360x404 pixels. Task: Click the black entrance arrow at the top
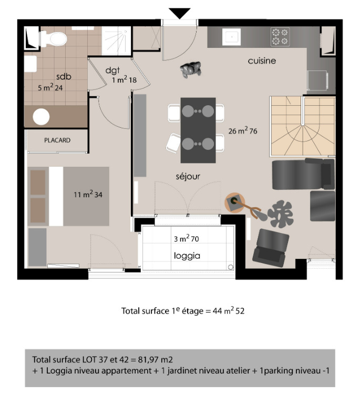pyautogui.click(x=180, y=13)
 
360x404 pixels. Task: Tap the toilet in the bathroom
pyautogui.click(x=54, y=39)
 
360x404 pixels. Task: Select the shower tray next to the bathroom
pyautogui.click(x=116, y=41)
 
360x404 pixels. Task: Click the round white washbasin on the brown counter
pyautogui.click(x=41, y=117)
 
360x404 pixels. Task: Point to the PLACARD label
pyautogui.click(x=57, y=140)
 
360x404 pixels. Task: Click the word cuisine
pyautogui.click(x=262, y=61)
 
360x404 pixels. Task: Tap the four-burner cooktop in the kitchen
pyautogui.click(x=280, y=37)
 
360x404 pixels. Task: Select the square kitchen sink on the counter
pyautogui.click(x=232, y=37)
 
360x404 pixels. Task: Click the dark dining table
pyautogui.click(x=198, y=130)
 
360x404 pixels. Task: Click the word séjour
pyautogui.click(x=188, y=177)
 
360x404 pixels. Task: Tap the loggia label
pyautogui.click(x=187, y=256)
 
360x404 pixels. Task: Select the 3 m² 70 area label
pyautogui.click(x=186, y=238)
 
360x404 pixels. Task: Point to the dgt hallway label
pyautogui.click(x=112, y=70)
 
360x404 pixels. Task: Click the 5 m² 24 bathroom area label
pyautogui.click(x=50, y=87)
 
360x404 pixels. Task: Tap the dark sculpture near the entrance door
pyautogui.click(x=190, y=69)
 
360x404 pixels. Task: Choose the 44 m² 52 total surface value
pyautogui.click(x=229, y=311)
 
